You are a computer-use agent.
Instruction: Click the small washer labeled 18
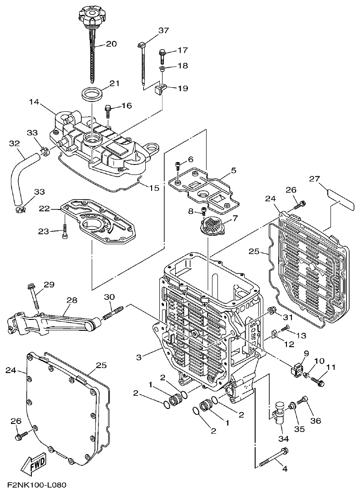(162, 69)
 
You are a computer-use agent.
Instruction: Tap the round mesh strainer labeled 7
(212, 224)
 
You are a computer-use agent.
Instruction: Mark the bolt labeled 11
(319, 382)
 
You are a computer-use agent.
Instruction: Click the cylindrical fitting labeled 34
(280, 412)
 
